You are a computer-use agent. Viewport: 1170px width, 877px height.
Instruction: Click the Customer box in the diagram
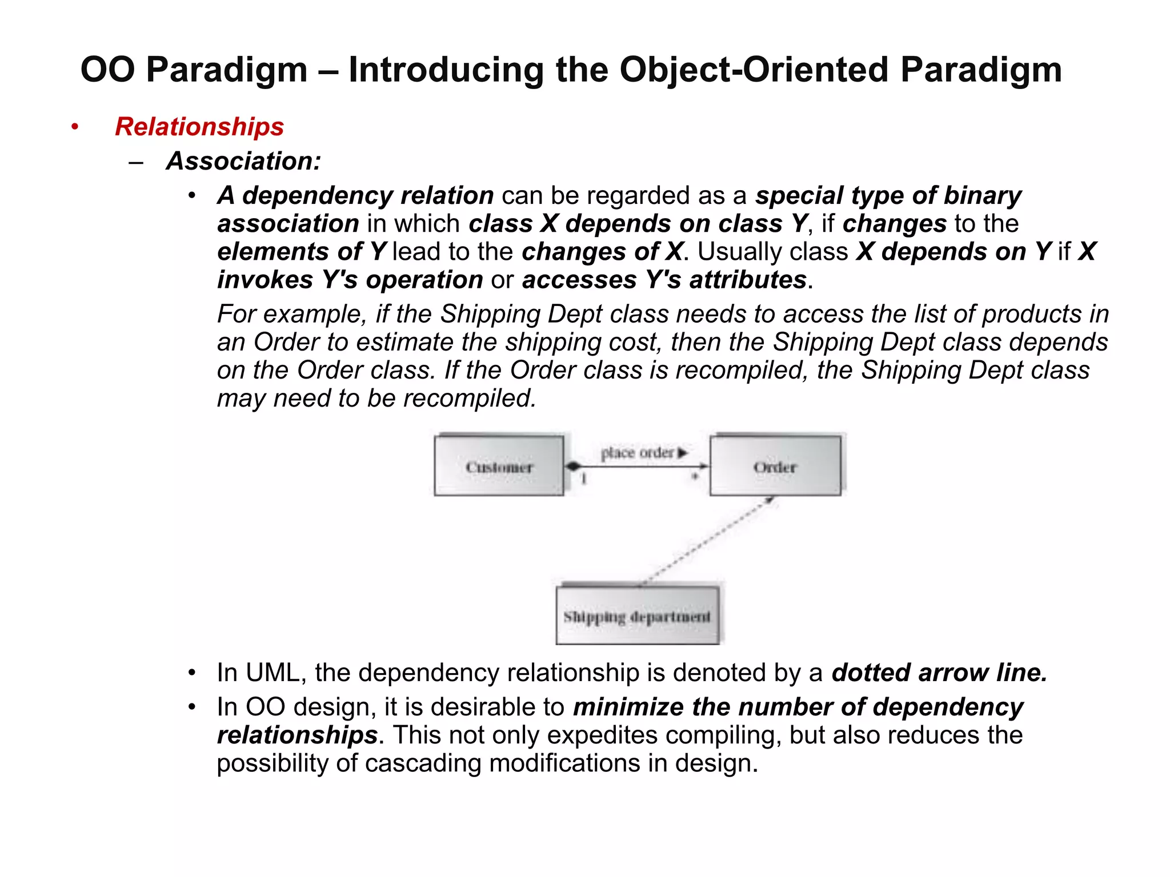coord(499,466)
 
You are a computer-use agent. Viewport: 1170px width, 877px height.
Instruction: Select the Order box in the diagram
coord(775,466)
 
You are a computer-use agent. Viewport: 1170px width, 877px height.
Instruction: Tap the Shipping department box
coord(637,616)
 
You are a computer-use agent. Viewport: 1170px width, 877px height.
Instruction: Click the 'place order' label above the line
coord(638,453)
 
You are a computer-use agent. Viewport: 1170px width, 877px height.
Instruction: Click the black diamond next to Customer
coord(573,466)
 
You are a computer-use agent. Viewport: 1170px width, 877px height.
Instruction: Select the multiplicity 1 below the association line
coord(584,478)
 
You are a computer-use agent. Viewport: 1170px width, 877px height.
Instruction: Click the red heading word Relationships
coord(199,127)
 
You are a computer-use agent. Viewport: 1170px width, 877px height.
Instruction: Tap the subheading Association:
coord(244,161)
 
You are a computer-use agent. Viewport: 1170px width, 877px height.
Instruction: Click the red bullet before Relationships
coord(74,127)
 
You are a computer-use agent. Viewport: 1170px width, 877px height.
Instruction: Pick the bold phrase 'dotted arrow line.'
coord(939,673)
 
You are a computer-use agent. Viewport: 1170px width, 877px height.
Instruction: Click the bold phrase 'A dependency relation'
coord(355,196)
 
